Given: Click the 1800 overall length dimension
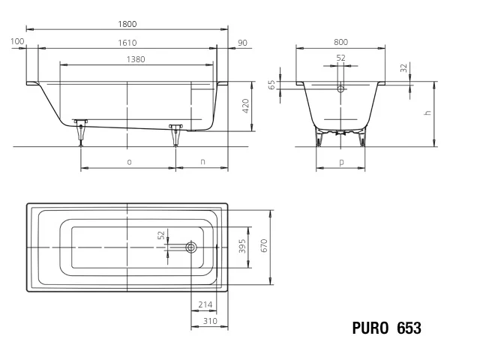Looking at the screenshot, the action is point(127,24).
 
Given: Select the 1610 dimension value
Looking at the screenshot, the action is point(127,43).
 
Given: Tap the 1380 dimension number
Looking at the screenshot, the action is point(136,59).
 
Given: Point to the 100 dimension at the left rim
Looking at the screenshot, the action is point(17,41).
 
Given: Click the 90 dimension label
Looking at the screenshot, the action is point(242,43).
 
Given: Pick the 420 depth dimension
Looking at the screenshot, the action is point(245,106).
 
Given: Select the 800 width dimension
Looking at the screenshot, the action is point(340,42).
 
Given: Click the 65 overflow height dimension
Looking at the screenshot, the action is point(271,85).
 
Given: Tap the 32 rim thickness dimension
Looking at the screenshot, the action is point(404,68).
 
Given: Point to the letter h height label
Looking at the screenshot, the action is point(427,112).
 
